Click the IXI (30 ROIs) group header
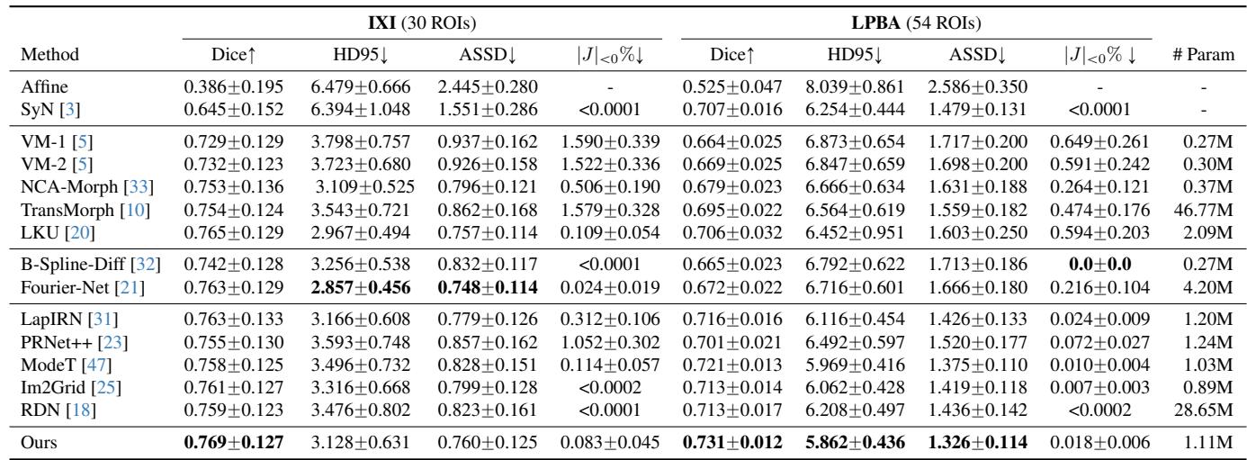(x=422, y=18)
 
